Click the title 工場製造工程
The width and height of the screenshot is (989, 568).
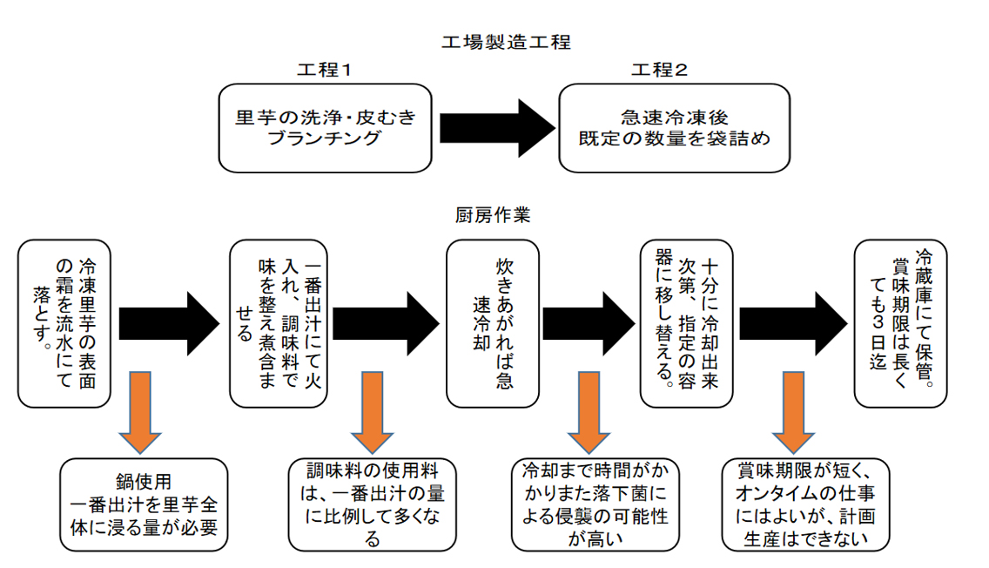point(506,43)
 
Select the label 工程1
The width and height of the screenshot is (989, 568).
point(324,70)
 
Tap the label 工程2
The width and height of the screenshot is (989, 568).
point(659,70)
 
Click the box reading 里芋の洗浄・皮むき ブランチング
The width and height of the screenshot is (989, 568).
point(326,128)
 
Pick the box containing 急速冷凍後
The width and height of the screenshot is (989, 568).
point(674,128)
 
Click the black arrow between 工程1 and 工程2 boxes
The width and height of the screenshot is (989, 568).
point(497,128)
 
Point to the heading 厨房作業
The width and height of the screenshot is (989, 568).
point(493,215)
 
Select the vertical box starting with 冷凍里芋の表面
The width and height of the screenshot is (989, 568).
point(64,323)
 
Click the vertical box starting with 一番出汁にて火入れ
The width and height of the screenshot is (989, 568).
point(279,323)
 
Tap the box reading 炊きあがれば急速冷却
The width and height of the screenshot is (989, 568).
point(493,323)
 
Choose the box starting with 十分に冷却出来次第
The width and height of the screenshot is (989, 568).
point(686,323)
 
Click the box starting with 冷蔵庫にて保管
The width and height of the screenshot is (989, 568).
point(901,323)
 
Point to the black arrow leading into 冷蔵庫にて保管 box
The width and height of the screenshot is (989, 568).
point(793,323)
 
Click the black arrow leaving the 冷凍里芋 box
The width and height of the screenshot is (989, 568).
point(169,323)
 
